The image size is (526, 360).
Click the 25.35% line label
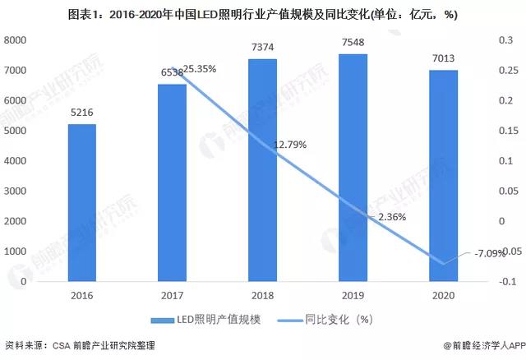[200, 69]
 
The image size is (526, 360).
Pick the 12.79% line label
[290, 145]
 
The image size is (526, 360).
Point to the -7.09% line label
[490, 253]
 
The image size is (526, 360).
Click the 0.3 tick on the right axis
[501, 40]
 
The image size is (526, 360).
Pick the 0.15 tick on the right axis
[503, 131]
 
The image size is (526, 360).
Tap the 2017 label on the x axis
[172, 294]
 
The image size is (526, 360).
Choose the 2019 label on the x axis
[353, 294]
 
